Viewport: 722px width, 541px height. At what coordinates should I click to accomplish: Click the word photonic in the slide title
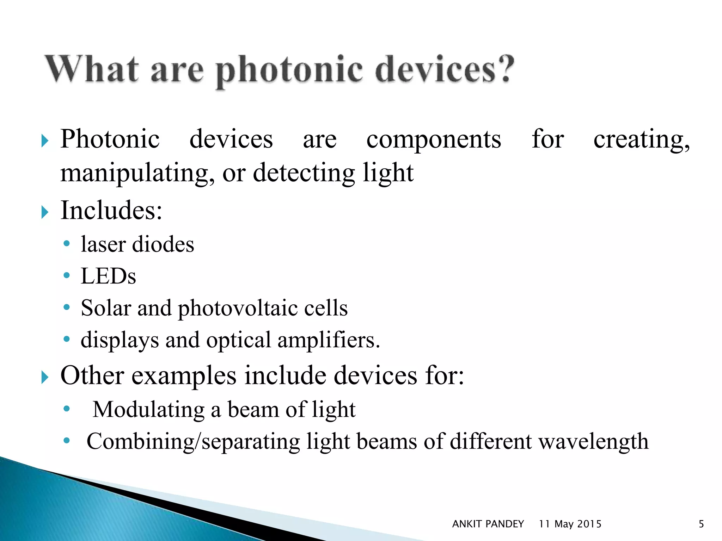289,70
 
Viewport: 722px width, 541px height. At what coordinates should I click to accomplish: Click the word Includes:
111,211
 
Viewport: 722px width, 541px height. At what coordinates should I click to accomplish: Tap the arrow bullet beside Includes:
44,212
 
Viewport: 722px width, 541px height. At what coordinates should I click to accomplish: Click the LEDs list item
108,276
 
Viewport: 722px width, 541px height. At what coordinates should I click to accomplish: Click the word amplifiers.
329,341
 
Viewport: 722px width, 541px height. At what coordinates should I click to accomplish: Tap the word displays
120,341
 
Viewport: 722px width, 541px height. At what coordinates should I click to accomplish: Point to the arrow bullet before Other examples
44,377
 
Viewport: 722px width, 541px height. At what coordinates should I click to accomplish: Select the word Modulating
148,410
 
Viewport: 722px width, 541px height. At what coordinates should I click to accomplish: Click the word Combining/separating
193,442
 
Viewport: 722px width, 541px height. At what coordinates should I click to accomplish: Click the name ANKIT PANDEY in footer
488,524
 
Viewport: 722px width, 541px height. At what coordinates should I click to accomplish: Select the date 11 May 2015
570,524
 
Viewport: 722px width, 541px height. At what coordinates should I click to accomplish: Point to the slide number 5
701,524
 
